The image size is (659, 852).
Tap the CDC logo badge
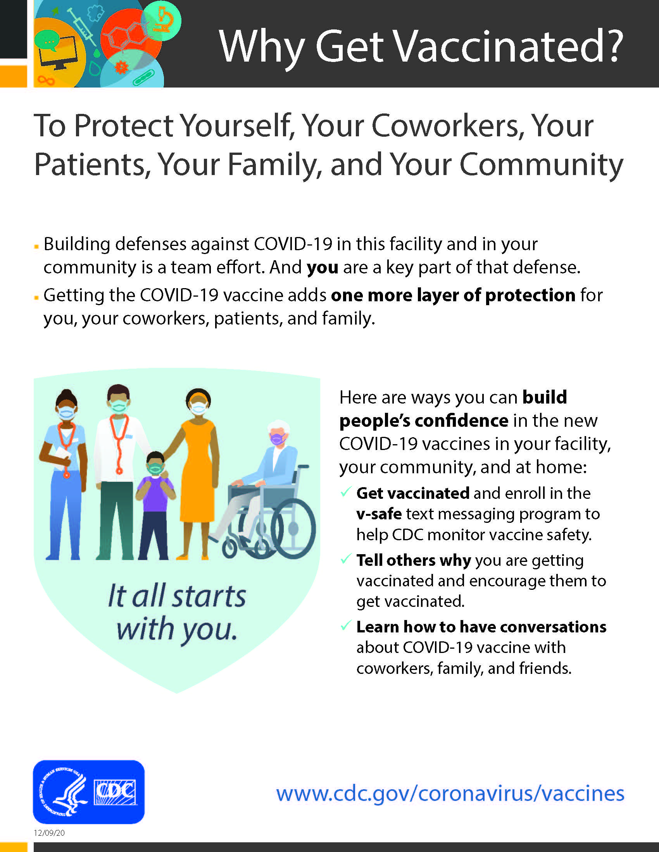(89, 792)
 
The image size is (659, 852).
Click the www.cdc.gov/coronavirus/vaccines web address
(450, 794)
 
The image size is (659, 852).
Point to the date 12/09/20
(49, 833)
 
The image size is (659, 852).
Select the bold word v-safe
(379, 514)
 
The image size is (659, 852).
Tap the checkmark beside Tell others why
(345, 558)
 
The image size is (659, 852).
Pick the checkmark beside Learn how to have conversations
(345, 625)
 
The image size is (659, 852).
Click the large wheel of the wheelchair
(293, 529)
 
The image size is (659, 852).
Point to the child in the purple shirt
(155, 505)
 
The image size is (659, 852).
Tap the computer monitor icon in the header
(60, 53)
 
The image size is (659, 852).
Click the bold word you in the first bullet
(323, 268)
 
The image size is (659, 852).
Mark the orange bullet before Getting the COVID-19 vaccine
(36, 298)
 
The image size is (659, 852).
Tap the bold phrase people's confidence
(424, 421)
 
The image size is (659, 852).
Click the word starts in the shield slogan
(209, 596)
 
